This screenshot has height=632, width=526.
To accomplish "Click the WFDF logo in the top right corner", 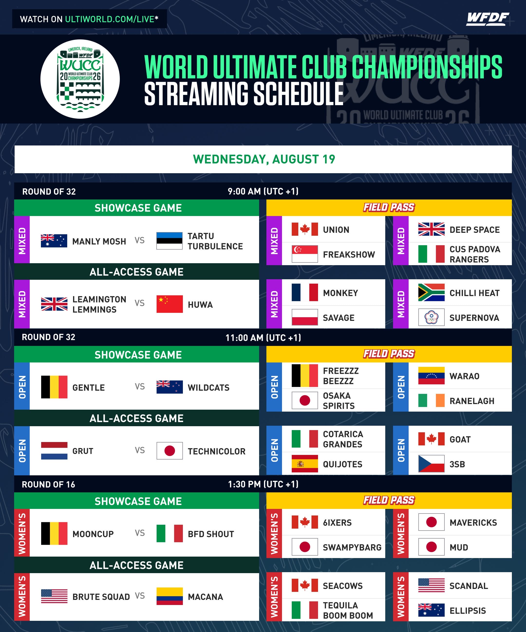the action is click(x=488, y=19).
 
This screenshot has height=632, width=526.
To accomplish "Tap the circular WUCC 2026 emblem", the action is click(x=80, y=79).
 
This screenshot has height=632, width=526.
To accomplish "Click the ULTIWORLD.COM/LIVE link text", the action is click(x=110, y=19).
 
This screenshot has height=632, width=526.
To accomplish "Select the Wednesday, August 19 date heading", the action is click(x=264, y=159).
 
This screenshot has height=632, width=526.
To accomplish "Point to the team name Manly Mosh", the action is click(x=99, y=241).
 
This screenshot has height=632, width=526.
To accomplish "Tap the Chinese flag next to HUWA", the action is click(x=169, y=304).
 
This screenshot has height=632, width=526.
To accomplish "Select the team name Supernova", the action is click(x=474, y=318).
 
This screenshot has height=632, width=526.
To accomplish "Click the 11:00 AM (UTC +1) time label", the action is click(x=263, y=338).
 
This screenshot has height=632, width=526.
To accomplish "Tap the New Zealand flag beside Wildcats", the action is click(x=169, y=387).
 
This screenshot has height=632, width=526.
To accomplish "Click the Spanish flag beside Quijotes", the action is click(x=305, y=464).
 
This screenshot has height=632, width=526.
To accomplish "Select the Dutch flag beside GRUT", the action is click(x=54, y=451).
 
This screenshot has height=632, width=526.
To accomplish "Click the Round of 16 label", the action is click(x=48, y=485).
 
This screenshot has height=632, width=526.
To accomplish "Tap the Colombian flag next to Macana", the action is click(x=169, y=596).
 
